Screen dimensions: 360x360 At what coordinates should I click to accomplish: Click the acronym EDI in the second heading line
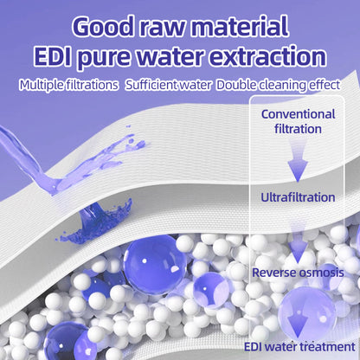pos(59,57)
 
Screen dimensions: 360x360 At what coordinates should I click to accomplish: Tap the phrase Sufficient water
pos(167,85)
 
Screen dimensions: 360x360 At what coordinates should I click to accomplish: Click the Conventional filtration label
pos(298,122)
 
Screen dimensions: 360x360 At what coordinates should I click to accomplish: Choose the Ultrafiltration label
pos(298,197)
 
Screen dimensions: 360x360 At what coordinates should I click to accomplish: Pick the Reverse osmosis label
pos(298,273)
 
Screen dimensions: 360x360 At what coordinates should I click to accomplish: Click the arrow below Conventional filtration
pos(298,160)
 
